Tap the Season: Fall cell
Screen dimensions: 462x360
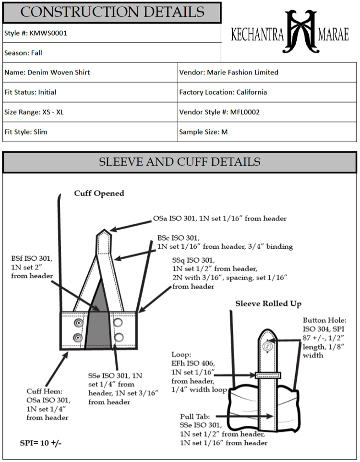point(24,53)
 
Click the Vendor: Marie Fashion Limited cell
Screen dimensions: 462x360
point(228,73)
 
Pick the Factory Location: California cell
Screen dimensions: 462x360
point(223,92)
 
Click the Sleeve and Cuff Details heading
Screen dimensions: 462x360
point(180,162)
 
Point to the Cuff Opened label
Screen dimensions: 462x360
point(99,194)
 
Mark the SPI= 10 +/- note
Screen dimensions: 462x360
point(40,442)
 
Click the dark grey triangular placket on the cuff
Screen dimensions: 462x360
point(98,317)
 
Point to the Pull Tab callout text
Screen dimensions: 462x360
point(224,429)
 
